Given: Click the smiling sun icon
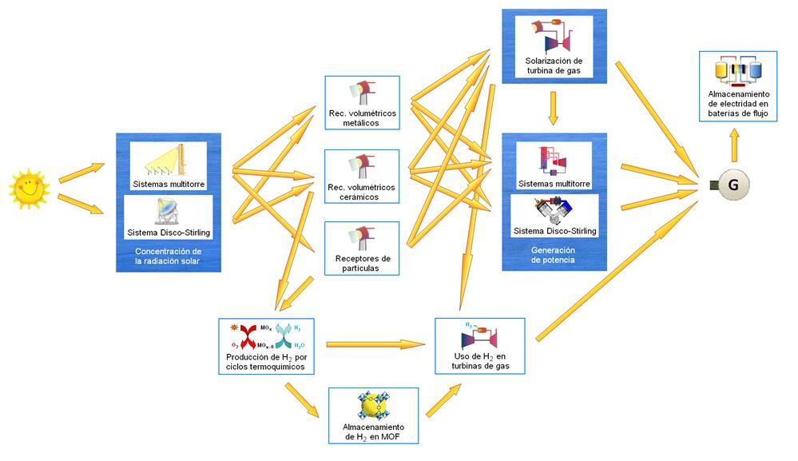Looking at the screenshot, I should (29, 189).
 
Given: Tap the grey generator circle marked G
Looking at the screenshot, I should (732, 185).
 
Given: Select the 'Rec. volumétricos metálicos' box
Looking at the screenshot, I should (362, 103).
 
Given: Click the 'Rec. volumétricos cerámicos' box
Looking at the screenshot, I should (362, 177).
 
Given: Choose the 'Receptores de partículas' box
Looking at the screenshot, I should (362, 249).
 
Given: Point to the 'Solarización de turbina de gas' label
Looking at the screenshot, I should (554, 66).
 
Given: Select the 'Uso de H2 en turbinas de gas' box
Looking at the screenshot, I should (479, 346).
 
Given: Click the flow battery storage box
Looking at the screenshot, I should (737, 85).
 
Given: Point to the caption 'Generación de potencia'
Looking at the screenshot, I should (553, 255).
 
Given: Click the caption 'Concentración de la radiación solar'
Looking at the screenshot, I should (168, 256).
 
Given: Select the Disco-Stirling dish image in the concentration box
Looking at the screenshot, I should (167, 211).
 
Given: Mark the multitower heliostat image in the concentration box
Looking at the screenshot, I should (168, 159).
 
